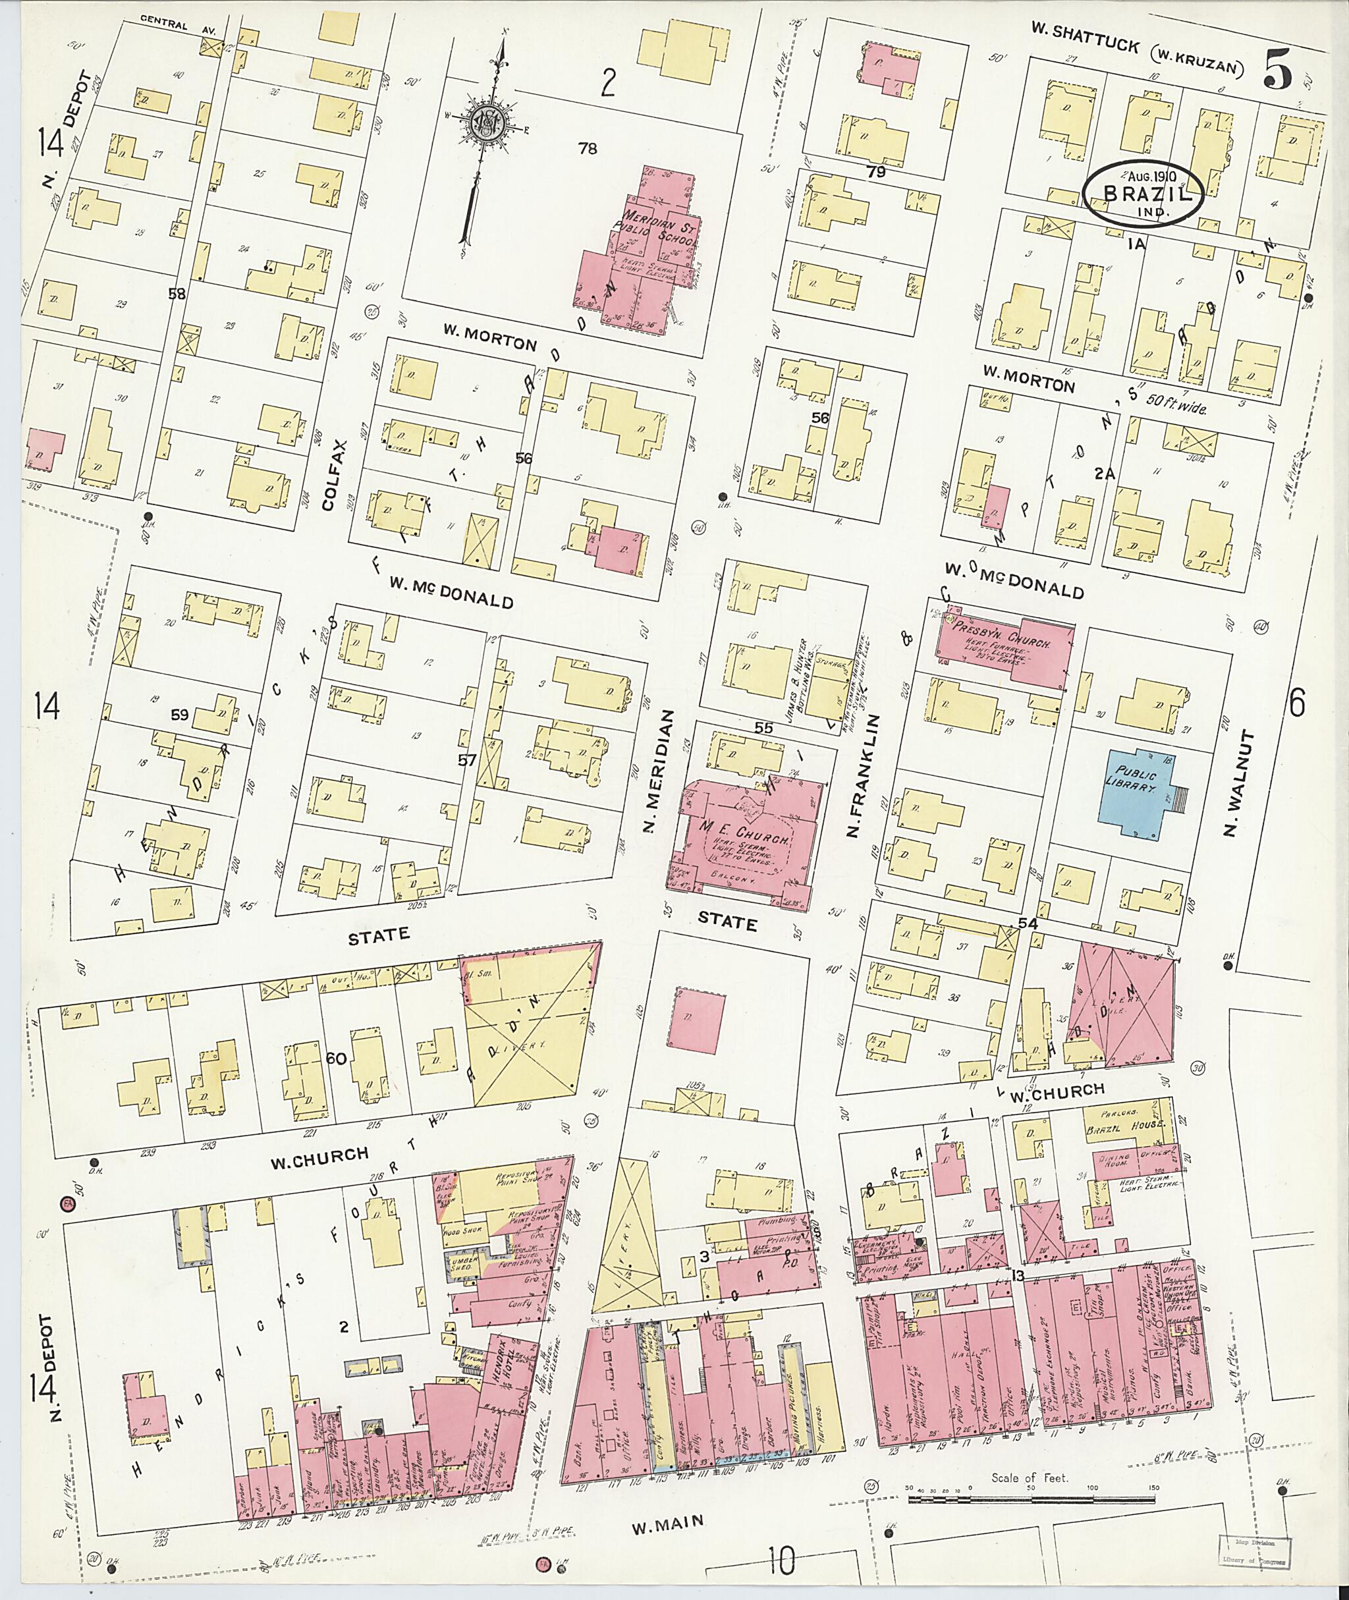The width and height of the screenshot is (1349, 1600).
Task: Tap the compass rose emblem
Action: click(484, 121)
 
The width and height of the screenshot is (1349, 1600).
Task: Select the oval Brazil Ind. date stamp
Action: click(1143, 193)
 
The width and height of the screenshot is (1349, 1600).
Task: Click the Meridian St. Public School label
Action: click(659, 229)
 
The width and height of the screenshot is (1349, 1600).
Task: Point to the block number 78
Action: click(588, 148)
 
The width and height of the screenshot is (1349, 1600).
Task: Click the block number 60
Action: click(336, 1059)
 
